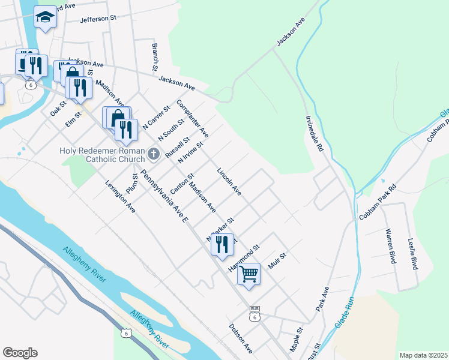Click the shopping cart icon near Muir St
[x=249, y=274]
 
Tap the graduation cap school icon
[x=45, y=17]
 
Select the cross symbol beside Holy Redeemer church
[x=154, y=154]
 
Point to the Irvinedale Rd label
[x=315, y=133]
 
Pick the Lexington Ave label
[x=121, y=196]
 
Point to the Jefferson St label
[x=98, y=19]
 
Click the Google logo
[x=20, y=353]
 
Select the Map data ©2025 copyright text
[x=423, y=355]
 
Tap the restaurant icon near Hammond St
[x=222, y=244]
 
